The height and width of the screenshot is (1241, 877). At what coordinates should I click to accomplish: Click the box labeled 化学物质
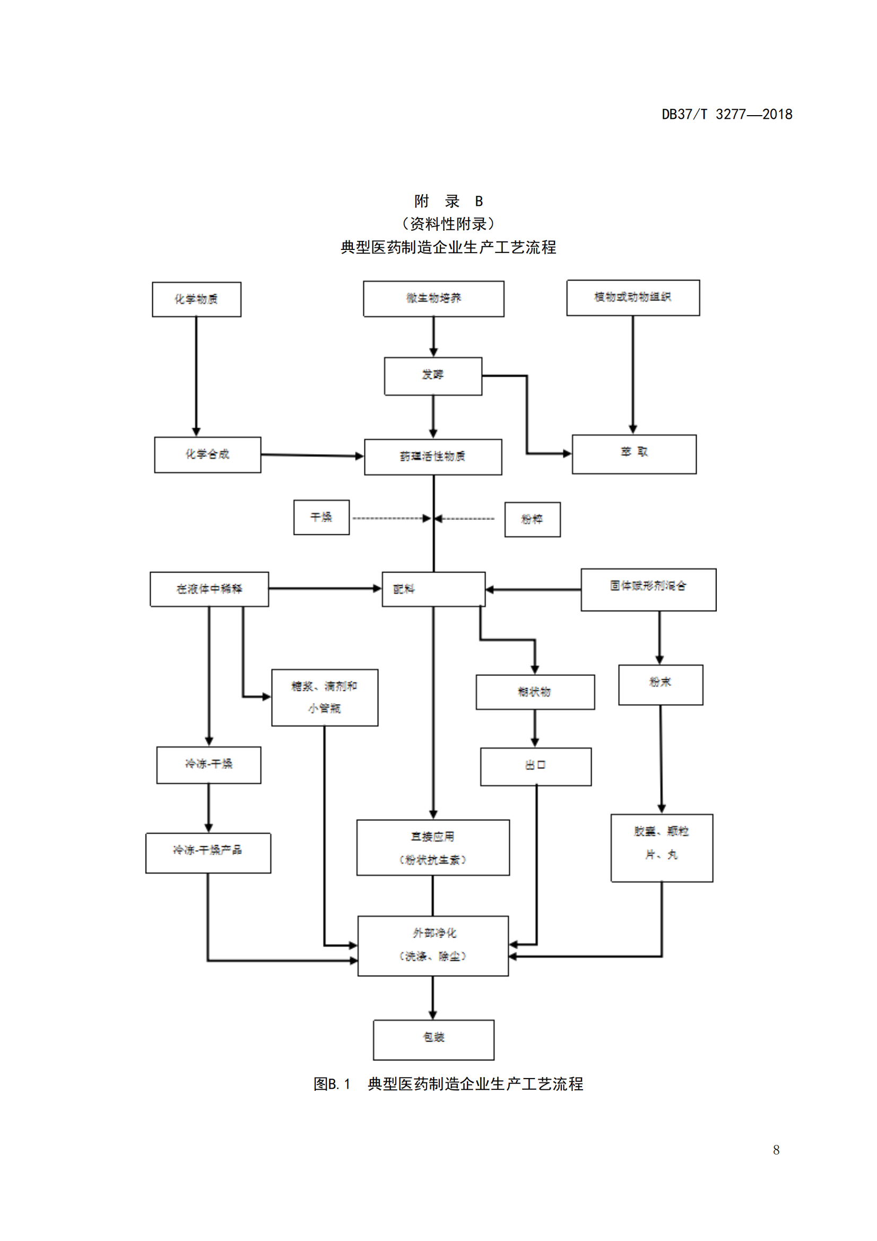click(197, 299)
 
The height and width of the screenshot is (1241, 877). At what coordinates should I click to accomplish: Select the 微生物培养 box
click(433, 299)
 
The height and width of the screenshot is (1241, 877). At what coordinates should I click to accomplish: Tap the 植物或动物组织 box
click(633, 298)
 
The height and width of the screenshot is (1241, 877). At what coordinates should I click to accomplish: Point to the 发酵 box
click(433, 376)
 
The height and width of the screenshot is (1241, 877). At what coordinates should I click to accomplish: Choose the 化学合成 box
click(207, 455)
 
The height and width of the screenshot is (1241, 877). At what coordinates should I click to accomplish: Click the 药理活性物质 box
click(433, 457)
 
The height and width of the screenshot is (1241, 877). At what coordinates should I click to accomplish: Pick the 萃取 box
click(634, 454)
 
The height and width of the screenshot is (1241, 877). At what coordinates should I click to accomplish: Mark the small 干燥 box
click(322, 517)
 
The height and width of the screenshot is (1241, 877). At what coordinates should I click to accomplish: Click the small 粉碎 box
click(532, 519)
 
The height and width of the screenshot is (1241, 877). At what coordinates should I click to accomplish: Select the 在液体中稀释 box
click(209, 589)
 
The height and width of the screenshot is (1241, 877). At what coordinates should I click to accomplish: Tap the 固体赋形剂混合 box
click(648, 589)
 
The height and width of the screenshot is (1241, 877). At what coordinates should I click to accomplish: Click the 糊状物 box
click(535, 692)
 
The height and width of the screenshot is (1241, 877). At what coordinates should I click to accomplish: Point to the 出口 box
click(535, 767)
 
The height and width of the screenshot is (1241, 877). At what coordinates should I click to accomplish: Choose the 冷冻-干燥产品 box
click(208, 853)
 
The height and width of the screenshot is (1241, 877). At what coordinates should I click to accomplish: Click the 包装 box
click(433, 1039)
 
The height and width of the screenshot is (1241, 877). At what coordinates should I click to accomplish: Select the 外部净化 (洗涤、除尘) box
click(433, 945)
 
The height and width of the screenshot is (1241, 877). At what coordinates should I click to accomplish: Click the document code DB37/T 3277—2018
click(727, 115)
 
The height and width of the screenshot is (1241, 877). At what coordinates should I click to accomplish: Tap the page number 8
click(776, 1150)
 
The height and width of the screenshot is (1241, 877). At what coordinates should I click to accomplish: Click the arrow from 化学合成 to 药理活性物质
click(312, 456)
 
